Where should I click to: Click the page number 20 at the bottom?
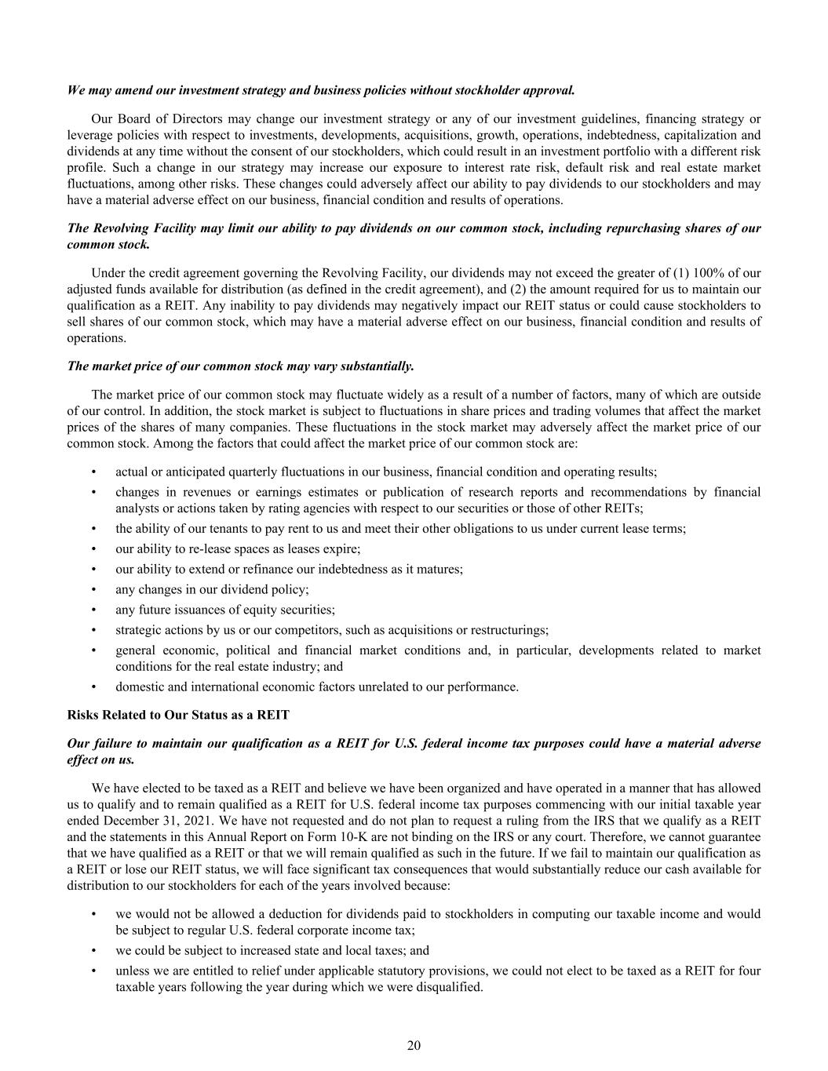coord(414,1045)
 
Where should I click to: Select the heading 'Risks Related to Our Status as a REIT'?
coord(178,715)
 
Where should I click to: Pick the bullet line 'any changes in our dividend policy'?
coord(212,589)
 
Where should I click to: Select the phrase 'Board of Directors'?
coord(163,119)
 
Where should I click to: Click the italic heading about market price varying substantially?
coord(240,366)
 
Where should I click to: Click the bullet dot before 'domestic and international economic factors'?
coord(94,687)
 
